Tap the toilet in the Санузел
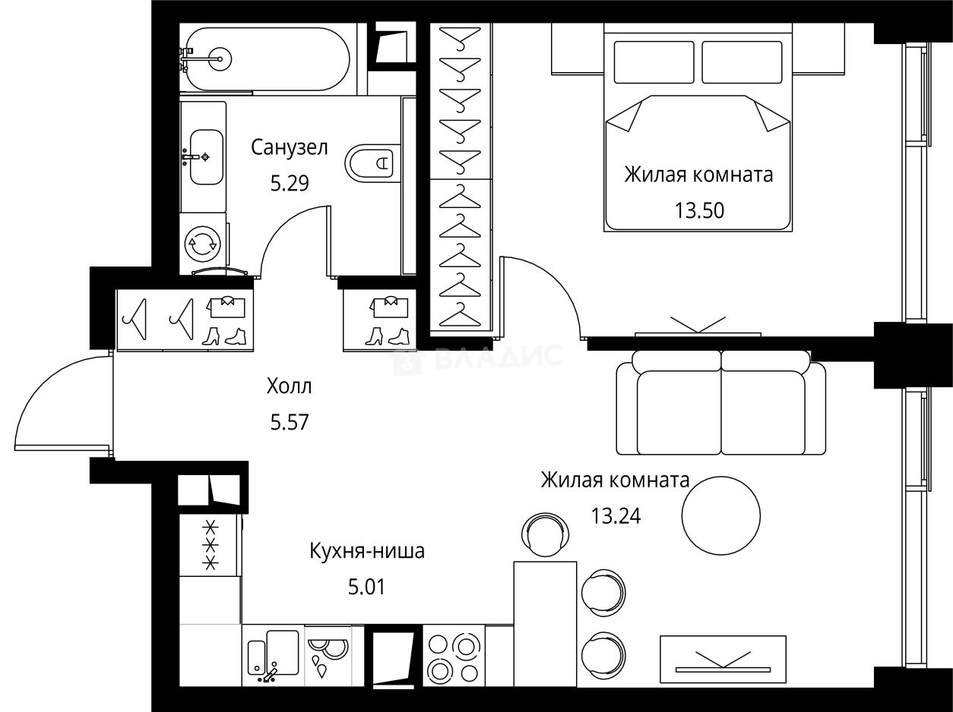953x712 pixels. pos(370,162)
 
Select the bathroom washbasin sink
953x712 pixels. pos(206,156)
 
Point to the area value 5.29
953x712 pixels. pos(290,184)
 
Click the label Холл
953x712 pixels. pos(290,386)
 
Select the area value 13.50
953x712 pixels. pos(698,210)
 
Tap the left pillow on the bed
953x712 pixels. pos(654,62)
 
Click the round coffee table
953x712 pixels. pos(720,514)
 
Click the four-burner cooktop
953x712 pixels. pos(453,657)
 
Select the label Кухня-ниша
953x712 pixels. pos(366,551)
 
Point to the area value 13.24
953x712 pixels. pos(616,516)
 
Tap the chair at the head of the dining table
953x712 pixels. pos(544,534)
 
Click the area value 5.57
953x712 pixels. pos(290,421)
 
